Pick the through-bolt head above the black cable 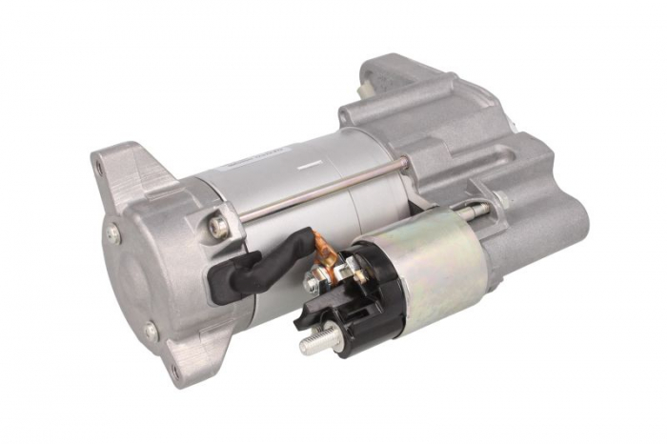pos(219,227)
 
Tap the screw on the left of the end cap pos(112,233)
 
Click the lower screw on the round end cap pos(151,331)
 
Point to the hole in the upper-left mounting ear pos(98,167)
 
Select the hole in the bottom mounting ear pos(173,370)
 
